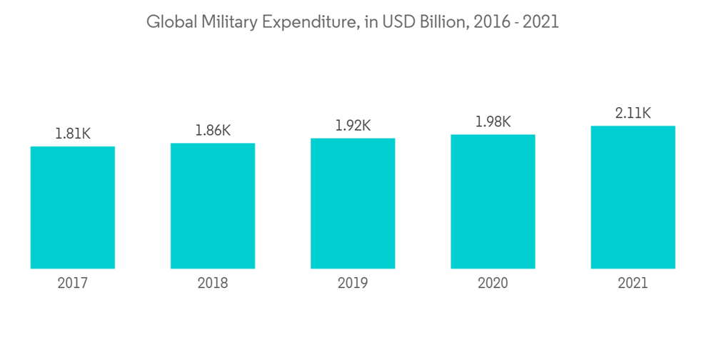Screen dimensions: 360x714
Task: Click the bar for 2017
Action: coord(73,207)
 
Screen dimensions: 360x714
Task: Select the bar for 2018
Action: coord(213,206)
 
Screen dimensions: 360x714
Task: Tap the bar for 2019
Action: coord(353,203)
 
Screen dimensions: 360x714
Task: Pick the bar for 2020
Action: coord(493,201)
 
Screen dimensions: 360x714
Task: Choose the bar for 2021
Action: coord(633,197)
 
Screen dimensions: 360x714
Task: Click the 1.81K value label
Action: coord(73,134)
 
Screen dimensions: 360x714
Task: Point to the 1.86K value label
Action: coord(213,130)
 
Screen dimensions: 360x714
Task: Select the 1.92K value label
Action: coord(353,126)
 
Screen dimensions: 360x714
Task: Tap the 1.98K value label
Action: coord(493,122)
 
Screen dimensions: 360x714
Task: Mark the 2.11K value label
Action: coord(633,113)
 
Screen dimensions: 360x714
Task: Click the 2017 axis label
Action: coord(73,284)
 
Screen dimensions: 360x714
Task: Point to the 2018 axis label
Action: coord(213,284)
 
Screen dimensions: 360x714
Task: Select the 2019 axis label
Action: coord(353,284)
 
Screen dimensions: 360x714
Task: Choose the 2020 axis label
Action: coord(493,284)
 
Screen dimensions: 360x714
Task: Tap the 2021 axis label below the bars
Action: coord(633,284)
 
